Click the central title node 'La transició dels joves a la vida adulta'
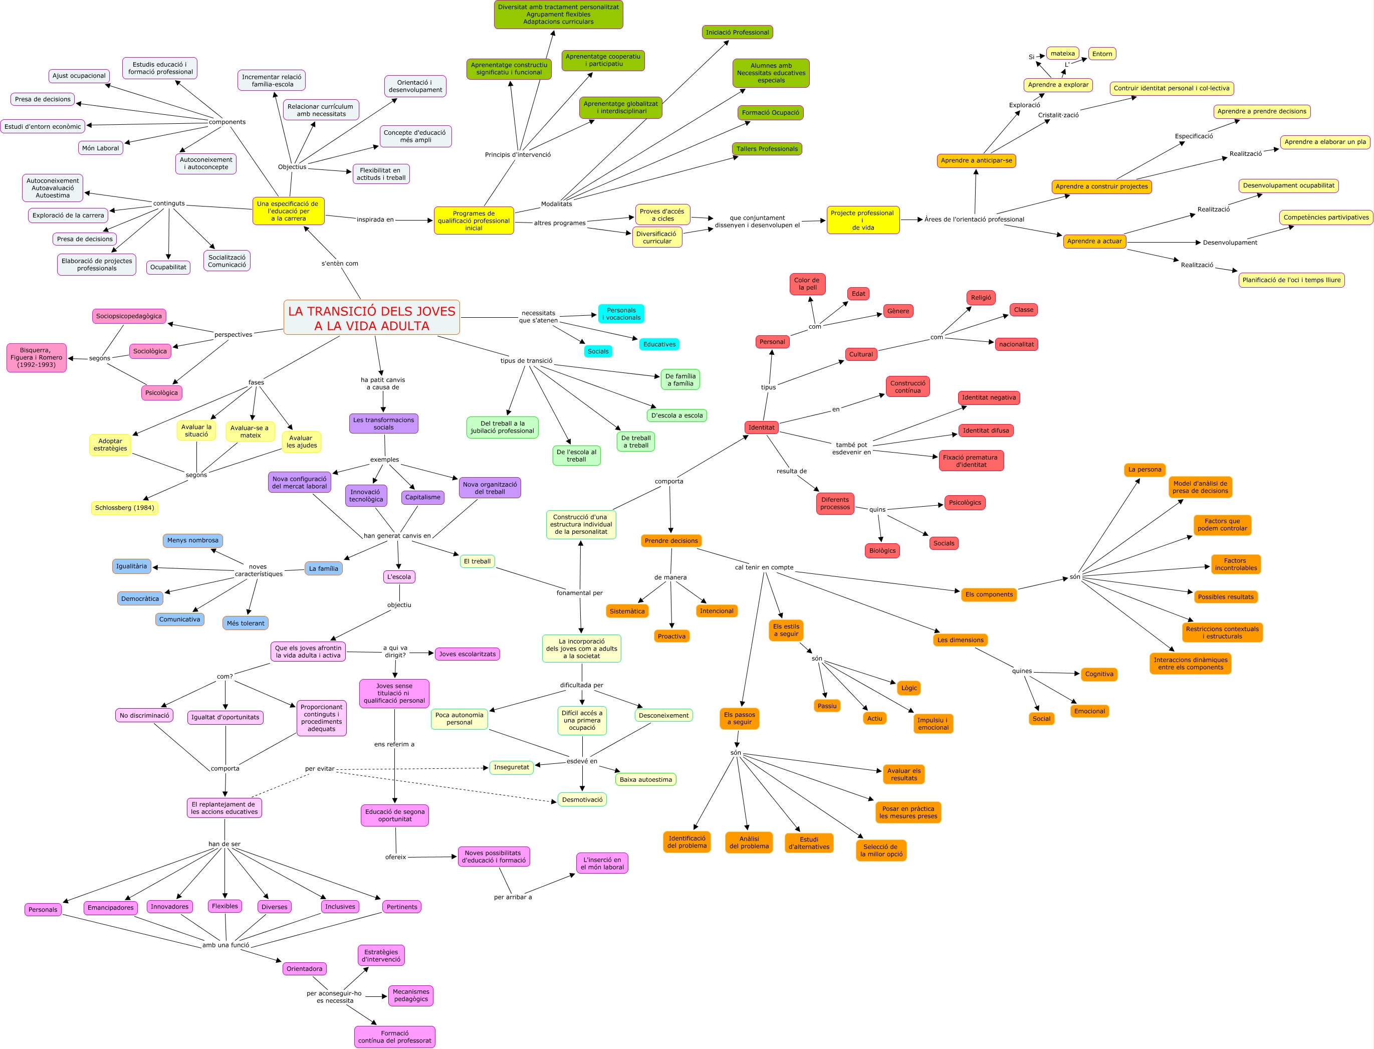371,318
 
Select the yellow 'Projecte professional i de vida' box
863,221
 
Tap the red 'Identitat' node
761,428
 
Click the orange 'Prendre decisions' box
671,541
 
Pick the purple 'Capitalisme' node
422,498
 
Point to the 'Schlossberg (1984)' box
124,508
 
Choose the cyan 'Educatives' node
659,344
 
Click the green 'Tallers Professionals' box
767,149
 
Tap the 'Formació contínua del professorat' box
394,1037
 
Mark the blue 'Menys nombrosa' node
193,541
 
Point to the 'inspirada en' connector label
374,220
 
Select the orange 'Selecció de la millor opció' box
881,851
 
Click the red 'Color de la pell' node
807,284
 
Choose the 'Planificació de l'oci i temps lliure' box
1291,280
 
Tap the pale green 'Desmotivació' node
582,800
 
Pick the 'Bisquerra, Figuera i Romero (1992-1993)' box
36,358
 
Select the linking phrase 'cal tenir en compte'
764,567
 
